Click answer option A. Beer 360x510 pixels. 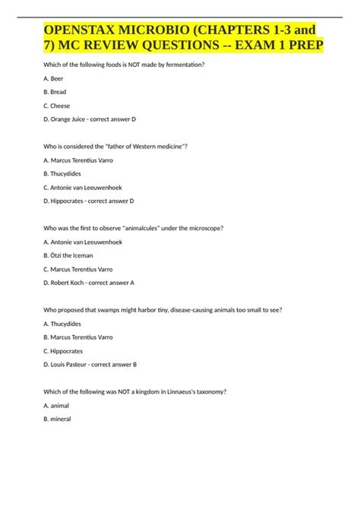pos(55,78)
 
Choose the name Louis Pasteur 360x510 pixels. pos(73,364)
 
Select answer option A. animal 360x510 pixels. pos(59,406)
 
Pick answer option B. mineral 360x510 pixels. pos(61,420)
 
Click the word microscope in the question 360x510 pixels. pos(204,227)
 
